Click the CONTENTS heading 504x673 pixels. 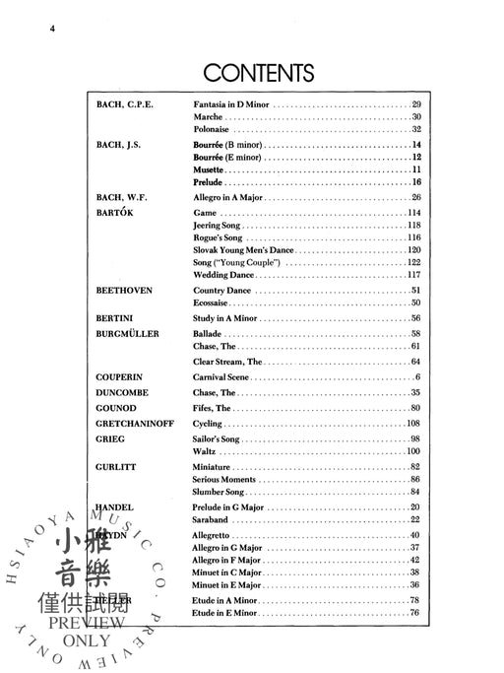click(x=258, y=73)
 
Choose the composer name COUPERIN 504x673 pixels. click(x=121, y=377)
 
